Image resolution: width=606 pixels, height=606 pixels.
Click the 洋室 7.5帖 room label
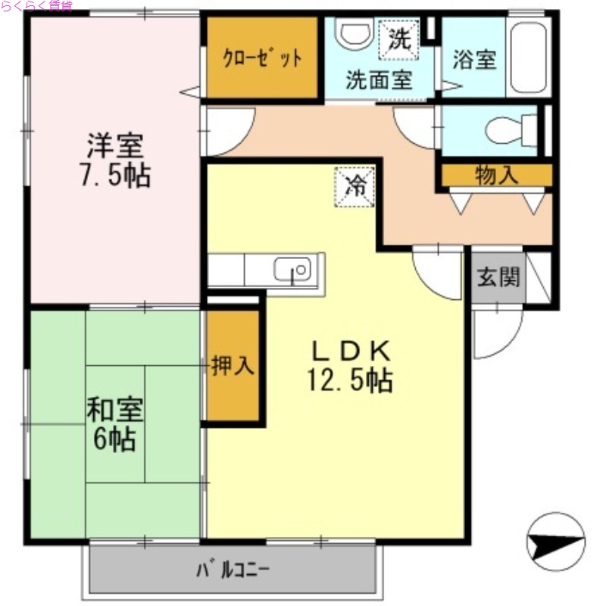click(x=114, y=160)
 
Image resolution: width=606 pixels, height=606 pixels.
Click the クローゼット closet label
click(x=262, y=58)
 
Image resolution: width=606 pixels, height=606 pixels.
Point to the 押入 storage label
click(x=232, y=367)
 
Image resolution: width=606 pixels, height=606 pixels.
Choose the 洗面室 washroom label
click(x=379, y=80)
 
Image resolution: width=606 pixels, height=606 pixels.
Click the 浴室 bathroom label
click(x=474, y=60)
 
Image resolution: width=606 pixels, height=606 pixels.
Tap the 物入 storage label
click(x=496, y=176)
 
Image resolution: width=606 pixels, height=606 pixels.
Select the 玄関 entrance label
click(x=498, y=277)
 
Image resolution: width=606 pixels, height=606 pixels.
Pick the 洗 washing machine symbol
click(x=398, y=39)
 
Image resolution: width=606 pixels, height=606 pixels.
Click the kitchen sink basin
click(x=292, y=269)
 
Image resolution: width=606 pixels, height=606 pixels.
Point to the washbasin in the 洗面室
click(x=354, y=33)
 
